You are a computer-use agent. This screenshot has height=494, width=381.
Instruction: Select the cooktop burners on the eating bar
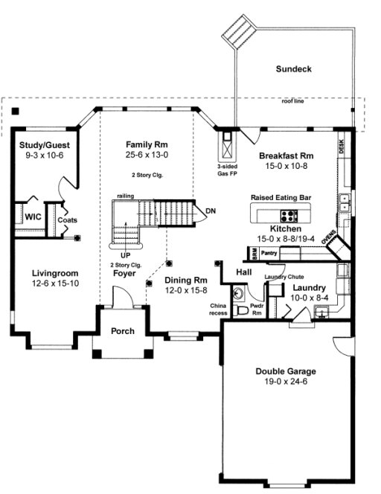[x=289, y=216]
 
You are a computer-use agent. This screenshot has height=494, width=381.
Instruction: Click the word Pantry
[x=269, y=253]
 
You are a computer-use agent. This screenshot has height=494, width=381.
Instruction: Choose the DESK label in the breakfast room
[x=342, y=146]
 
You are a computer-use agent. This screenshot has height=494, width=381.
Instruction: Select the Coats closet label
[x=68, y=219]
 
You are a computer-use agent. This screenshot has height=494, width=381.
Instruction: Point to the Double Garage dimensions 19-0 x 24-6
[x=286, y=383]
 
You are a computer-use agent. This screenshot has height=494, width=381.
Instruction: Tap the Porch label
[x=122, y=330]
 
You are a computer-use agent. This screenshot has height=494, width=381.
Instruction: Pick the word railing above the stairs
[x=125, y=196]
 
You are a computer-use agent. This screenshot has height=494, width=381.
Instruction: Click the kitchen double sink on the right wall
[x=345, y=201]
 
